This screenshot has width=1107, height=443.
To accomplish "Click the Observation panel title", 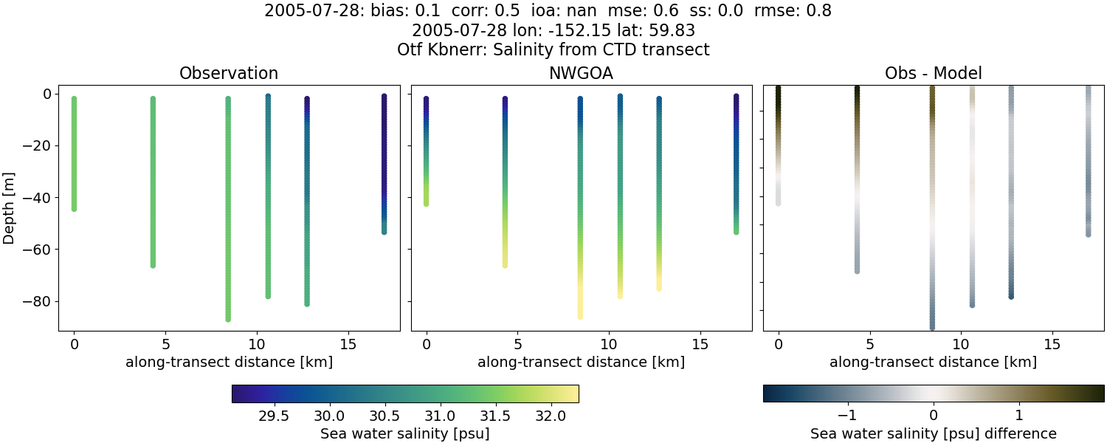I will pos(229,74).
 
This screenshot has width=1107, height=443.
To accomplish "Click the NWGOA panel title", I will pos(581,74).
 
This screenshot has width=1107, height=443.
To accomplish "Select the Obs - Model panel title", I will pos(933,74).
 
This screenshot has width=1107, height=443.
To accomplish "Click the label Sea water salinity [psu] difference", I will pos(933,433).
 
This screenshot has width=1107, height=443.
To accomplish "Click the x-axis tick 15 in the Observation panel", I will pos(348,344).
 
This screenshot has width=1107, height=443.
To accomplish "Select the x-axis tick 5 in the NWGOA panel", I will pos(517,344).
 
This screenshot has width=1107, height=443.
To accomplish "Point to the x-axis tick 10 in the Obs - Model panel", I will pos(961,344).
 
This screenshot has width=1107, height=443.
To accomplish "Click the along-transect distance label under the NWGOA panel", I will pos(581,363).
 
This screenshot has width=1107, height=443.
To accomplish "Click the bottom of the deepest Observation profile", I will pos(228,319).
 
